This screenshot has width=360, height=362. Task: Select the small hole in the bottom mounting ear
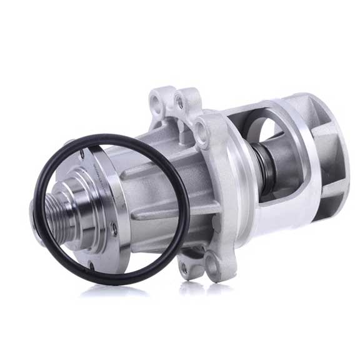click(x=182, y=269)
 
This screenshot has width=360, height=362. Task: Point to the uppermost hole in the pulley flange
click(x=97, y=164)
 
